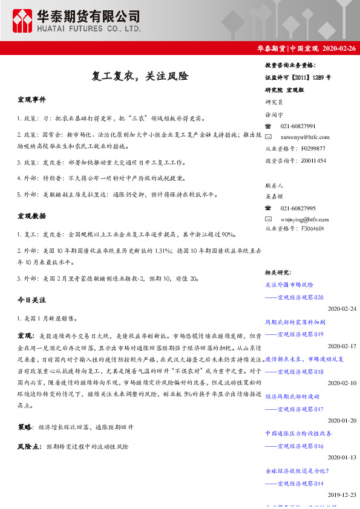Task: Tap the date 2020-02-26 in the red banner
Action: (x=338, y=48)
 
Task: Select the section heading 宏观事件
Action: (x=31, y=99)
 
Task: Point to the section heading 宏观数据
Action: (x=31, y=216)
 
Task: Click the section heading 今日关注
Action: (x=31, y=300)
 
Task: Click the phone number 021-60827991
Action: (x=298, y=126)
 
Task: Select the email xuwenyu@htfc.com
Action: (x=305, y=137)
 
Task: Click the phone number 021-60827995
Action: (x=298, y=208)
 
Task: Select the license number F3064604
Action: (x=312, y=229)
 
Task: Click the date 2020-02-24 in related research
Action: (x=342, y=309)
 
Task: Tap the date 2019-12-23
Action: (x=342, y=494)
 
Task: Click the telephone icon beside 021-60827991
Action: (x=269, y=126)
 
